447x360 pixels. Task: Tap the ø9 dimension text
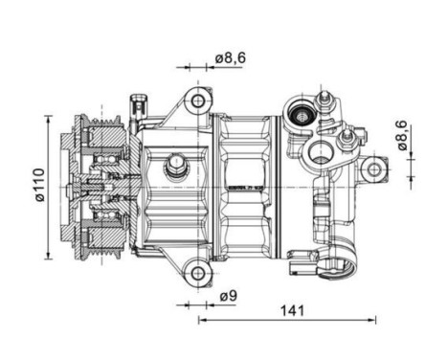tap(227, 297)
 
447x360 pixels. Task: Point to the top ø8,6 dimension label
tap(231, 58)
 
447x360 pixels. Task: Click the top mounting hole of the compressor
tap(199, 100)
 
